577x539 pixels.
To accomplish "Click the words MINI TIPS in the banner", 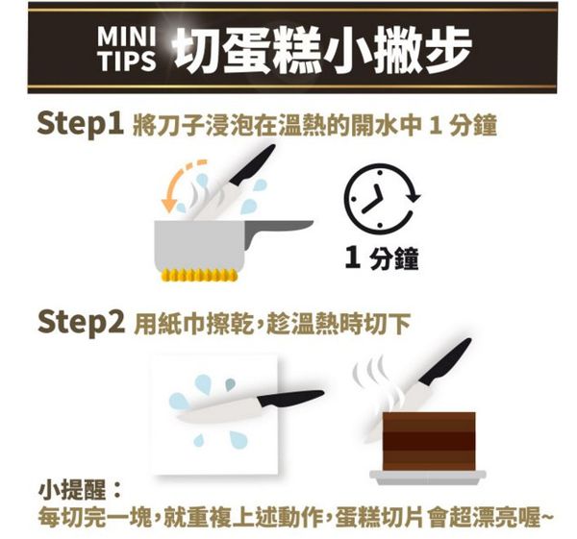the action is pyautogui.click(x=127, y=49).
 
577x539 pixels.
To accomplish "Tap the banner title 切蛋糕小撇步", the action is pyautogui.click(x=322, y=49).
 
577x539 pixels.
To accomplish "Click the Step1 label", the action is pyautogui.click(x=80, y=124).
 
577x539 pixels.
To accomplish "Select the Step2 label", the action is pyautogui.click(x=81, y=322).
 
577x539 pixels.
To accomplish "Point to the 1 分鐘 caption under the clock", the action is pyautogui.click(x=382, y=258).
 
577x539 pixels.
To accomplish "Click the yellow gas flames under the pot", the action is pyautogui.click(x=199, y=275).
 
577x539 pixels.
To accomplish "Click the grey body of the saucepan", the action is pyautogui.click(x=199, y=245).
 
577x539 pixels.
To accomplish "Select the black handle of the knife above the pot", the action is pyautogui.click(x=253, y=164).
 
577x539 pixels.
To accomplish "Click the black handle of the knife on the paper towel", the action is pyautogui.click(x=290, y=398).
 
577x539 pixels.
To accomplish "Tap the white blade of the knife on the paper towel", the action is pyautogui.click(x=221, y=412).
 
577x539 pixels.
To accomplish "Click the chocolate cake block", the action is pyautogui.click(x=429, y=441).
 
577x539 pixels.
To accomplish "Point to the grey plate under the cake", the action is pyautogui.click(x=428, y=478).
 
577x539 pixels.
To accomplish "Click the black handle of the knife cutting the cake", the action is pyautogui.click(x=446, y=361).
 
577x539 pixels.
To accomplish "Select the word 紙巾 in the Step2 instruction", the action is pyautogui.click(x=170, y=324).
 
